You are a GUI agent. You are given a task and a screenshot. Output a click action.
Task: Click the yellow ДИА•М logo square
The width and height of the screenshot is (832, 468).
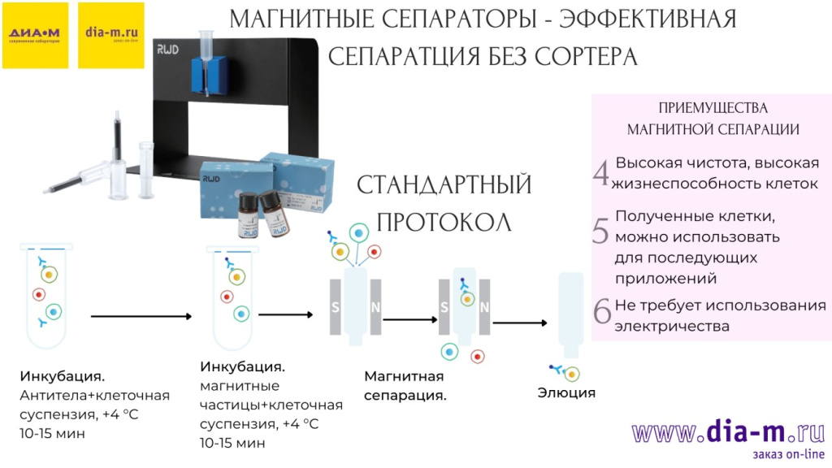35,35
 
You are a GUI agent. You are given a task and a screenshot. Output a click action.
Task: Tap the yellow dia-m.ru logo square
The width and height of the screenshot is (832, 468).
110,35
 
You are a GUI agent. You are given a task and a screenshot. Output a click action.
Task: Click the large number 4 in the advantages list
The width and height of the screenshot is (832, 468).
601,173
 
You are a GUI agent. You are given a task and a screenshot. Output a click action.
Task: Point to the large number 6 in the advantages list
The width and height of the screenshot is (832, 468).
601,312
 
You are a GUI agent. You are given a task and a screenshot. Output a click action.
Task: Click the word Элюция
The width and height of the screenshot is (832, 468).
566,393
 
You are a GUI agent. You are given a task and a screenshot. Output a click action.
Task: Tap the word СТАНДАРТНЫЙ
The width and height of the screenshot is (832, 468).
444,185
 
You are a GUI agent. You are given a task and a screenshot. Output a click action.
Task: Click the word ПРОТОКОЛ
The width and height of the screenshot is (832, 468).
444,223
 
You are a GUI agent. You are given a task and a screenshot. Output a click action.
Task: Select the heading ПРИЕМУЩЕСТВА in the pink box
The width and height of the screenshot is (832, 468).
713,108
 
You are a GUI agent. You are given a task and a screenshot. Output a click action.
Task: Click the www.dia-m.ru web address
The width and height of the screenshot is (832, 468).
728,431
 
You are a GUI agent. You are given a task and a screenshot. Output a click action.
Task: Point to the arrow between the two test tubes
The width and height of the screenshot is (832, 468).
140,316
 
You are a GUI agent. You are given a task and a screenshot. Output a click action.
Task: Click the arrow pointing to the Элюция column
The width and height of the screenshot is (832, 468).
519,323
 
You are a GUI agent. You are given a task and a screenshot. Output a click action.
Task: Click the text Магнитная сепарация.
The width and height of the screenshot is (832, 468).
405,386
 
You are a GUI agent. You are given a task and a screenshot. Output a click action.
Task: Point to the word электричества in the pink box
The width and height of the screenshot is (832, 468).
672,327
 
